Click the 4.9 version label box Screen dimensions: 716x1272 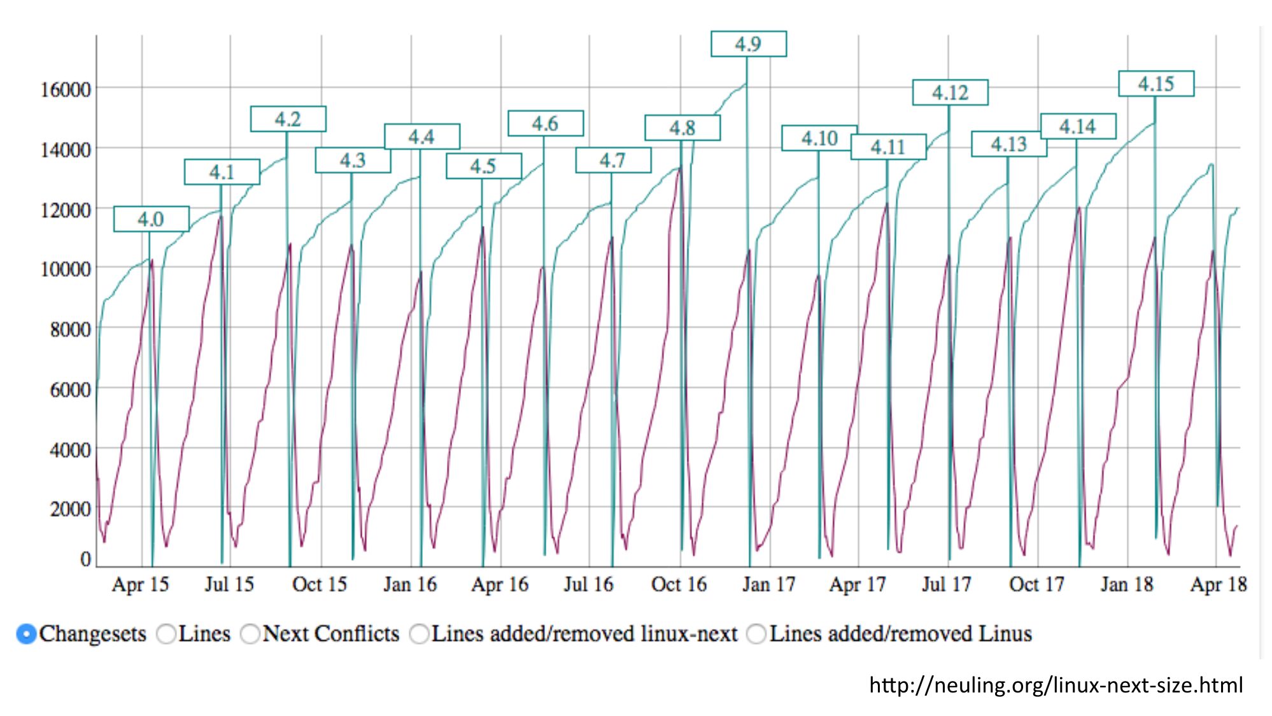pos(748,44)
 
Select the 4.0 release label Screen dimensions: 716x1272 pos(151,219)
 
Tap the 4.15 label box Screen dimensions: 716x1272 pos(1155,84)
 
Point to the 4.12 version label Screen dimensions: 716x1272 pos(950,93)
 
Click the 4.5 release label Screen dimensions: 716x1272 pos(483,166)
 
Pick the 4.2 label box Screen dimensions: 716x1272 pos(288,119)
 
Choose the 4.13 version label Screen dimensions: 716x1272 pos(1008,144)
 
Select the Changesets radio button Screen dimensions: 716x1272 pos(26,634)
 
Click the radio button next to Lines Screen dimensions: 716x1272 pos(166,634)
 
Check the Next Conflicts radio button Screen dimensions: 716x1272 pos(250,634)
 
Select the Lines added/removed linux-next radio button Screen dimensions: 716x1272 pos(419,634)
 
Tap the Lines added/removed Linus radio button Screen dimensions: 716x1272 pos(756,634)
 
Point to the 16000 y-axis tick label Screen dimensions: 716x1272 pos(66,90)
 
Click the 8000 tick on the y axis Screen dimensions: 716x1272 pos(70,330)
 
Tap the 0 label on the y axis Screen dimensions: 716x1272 pos(85,559)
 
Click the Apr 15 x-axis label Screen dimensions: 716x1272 pos(140,584)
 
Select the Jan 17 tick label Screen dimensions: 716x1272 pos(769,584)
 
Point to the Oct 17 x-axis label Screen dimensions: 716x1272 pos(1036,584)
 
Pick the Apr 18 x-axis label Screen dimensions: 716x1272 pos(1218,584)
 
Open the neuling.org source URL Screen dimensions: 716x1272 pos(1056,685)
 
